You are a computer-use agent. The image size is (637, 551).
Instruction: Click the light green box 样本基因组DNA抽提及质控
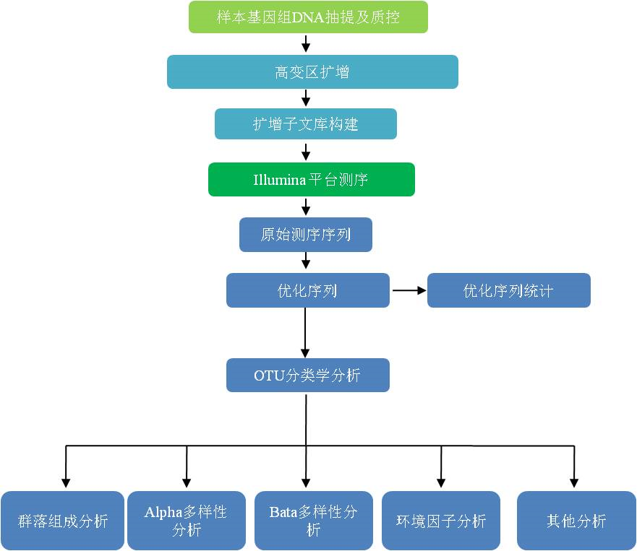click(x=308, y=17)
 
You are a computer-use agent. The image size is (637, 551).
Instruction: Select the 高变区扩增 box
click(x=312, y=71)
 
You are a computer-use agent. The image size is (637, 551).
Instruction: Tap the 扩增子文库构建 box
click(x=306, y=123)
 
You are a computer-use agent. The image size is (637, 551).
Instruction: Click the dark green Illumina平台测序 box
click(x=312, y=179)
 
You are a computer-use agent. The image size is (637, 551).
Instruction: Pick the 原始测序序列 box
click(x=306, y=235)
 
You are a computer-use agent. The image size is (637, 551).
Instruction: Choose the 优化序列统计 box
click(x=508, y=290)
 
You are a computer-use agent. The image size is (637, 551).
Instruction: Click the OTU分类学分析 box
click(x=308, y=375)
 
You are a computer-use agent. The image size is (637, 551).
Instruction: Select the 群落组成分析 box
click(x=63, y=521)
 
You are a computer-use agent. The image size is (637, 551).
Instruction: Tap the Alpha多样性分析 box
click(x=187, y=521)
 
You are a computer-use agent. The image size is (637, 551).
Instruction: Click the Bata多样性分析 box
click(x=314, y=521)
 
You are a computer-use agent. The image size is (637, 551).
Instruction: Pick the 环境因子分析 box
click(x=441, y=521)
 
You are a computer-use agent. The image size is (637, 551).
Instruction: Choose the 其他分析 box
click(x=576, y=521)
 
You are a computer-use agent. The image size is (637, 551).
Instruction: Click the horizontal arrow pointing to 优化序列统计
click(x=409, y=290)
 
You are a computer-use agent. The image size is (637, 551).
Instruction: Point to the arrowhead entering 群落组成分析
click(x=66, y=483)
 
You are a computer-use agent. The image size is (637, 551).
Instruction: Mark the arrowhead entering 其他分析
click(x=574, y=483)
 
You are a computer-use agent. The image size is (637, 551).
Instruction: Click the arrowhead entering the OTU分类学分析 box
click(x=306, y=353)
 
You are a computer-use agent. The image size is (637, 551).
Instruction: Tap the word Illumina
click(x=280, y=179)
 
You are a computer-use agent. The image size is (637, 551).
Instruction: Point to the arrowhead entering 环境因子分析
click(x=441, y=483)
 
